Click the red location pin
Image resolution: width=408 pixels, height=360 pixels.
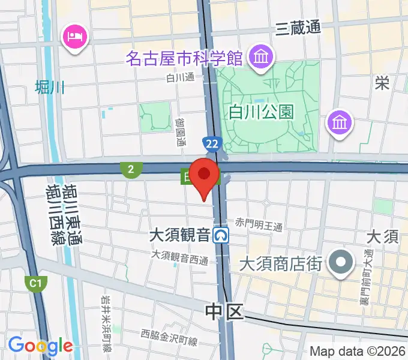click(x=205, y=175)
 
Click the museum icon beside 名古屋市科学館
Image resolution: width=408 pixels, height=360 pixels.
click(x=262, y=58)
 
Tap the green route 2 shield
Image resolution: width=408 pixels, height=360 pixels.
click(x=130, y=170)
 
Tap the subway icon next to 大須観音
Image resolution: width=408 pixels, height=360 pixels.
click(x=223, y=235)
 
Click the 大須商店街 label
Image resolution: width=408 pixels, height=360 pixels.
click(x=281, y=263)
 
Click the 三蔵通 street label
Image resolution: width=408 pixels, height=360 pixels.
click(x=298, y=28)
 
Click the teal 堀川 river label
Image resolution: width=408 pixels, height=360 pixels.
click(x=49, y=88)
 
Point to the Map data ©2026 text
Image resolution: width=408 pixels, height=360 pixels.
click(x=358, y=351)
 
